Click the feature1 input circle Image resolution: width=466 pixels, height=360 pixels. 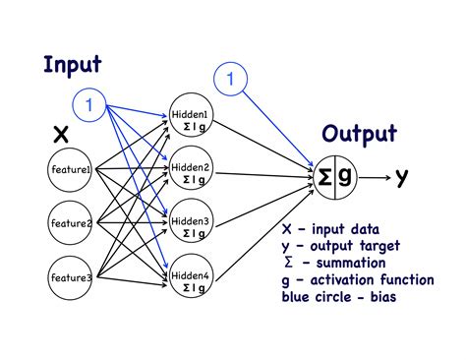click(x=71, y=170)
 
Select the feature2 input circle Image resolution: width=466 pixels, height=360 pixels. click(x=71, y=224)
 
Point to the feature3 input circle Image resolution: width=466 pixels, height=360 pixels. click(x=71, y=279)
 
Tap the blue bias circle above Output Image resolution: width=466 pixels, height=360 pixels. click(x=230, y=78)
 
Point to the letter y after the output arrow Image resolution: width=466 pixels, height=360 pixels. click(x=401, y=177)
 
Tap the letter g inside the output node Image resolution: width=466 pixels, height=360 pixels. click(x=345, y=177)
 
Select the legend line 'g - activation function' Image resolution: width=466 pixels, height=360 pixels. click(x=356, y=279)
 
